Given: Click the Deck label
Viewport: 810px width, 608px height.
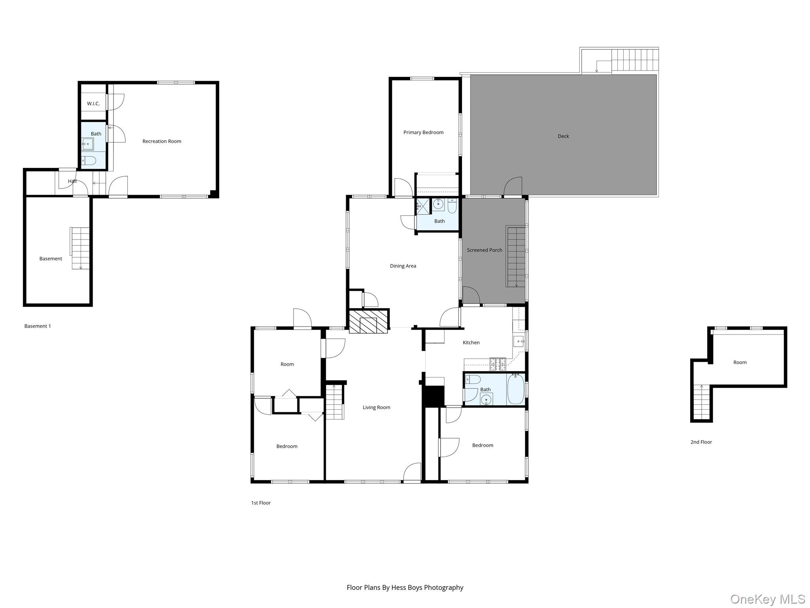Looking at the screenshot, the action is (x=563, y=136).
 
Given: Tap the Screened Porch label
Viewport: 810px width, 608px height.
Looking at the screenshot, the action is (x=484, y=250).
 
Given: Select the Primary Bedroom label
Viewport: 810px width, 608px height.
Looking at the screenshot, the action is (x=423, y=132).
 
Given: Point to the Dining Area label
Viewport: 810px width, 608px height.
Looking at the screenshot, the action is (x=403, y=266).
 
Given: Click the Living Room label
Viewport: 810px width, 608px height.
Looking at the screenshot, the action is (x=377, y=407).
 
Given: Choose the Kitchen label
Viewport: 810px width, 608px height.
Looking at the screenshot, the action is (x=471, y=342).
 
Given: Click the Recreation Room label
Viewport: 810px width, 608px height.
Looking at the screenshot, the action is (x=162, y=141).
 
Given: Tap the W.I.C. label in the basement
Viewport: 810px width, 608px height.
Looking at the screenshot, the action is (x=93, y=104).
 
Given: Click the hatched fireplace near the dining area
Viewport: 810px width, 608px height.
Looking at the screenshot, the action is (x=368, y=321).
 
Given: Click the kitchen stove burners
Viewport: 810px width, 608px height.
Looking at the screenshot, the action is (x=498, y=364).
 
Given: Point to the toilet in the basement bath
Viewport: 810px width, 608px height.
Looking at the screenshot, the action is (x=89, y=160).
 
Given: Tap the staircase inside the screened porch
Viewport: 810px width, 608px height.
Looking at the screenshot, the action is (x=516, y=256).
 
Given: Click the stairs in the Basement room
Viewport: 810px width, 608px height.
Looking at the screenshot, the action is (x=80, y=248).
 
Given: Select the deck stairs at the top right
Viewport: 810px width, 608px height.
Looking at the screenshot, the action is (x=635, y=61).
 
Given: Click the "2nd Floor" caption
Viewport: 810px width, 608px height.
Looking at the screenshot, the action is (x=701, y=442).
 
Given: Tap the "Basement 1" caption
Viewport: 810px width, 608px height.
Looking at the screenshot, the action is (x=38, y=326).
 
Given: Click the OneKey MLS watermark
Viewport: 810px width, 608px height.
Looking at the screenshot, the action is (x=768, y=599).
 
